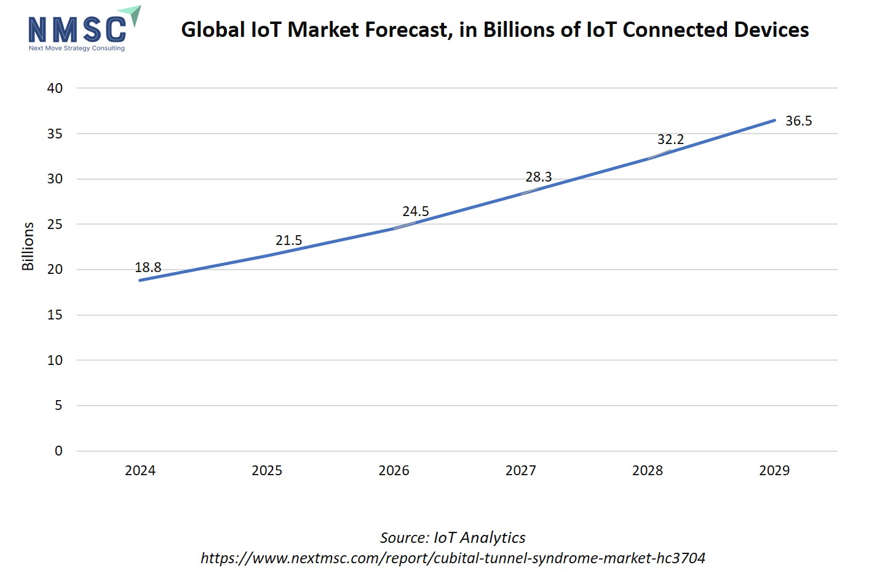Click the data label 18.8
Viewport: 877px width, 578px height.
pos(148,267)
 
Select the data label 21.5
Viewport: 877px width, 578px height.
pos(288,240)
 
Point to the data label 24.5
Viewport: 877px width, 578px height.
pos(416,211)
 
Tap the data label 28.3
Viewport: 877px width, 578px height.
pos(539,177)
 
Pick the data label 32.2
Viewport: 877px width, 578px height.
pos(670,139)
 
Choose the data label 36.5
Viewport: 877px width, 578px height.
pos(798,121)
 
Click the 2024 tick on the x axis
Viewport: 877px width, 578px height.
pos(140,470)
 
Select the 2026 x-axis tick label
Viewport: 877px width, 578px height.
pos(394,470)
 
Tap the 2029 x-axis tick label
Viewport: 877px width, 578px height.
pos(774,470)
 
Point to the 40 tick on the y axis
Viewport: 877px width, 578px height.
pos(55,88)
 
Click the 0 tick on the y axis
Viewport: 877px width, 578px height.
pos(58,451)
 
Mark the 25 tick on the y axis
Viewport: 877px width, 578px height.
pos(55,224)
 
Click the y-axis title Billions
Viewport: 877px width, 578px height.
pos(28,246)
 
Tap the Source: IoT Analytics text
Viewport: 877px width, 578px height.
pos(453,537)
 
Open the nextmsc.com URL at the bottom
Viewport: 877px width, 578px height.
pos(453,558)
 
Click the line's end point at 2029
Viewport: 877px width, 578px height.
pos(774,120)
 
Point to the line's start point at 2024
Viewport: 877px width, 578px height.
pos(140,280)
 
